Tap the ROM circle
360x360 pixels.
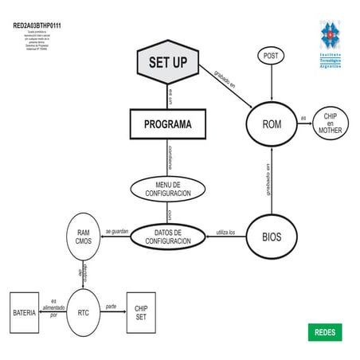pos(272,123)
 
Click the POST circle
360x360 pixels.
pos(272,55)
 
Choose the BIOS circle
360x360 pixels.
pos(272,237)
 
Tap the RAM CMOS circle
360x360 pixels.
pos(83,236)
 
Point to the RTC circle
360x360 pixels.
pos(83,312)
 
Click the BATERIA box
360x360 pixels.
pos(24,313)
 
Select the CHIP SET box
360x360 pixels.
pos(141,312)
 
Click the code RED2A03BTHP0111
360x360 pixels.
pos(37,25)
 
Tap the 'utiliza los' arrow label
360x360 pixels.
pos(226,232)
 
